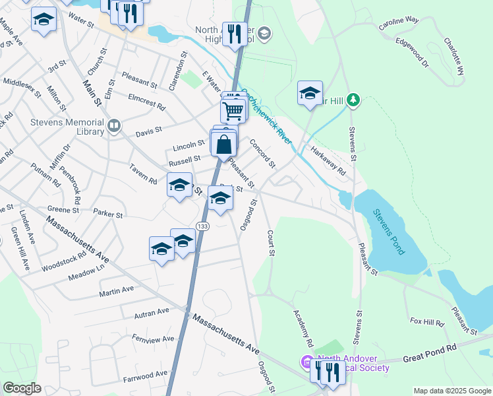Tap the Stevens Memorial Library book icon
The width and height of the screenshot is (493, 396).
point(115,126)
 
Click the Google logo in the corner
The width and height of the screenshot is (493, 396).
point(22,387)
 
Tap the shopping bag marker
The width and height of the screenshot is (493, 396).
point(224,143)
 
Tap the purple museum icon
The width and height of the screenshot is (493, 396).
point(305,362)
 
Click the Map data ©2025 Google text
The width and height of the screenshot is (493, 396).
point(451,391)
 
